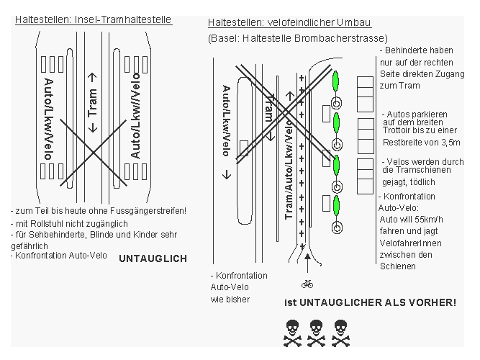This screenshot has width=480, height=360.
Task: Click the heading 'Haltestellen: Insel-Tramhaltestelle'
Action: coord(94,19)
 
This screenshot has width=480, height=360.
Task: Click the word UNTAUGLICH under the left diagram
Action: coord(152,258)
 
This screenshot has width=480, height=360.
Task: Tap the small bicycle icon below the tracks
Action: coord(308,283)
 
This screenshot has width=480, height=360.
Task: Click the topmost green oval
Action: coord(335,79)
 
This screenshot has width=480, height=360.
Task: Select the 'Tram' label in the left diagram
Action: coord(92,102)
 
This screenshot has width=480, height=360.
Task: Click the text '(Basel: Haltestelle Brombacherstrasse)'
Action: coord(297,37)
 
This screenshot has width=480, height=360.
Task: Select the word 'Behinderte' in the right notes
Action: coord(407,51)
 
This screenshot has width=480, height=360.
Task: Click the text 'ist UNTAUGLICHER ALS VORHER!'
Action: coord(370,302)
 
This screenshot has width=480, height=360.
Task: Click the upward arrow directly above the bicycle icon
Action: coord(308,261)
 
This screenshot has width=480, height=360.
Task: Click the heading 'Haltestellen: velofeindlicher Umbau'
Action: coord(295,23)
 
